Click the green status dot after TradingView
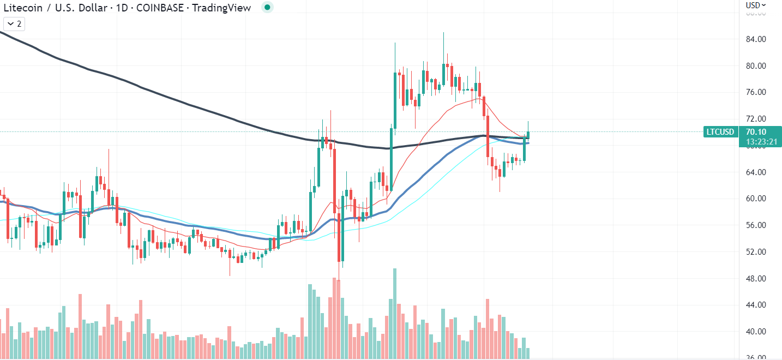(x=267, y=7)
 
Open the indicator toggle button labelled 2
(x=15, y=24)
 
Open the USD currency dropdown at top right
(x=756, y=5)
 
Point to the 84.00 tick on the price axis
(x=756, y=39)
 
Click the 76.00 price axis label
(x=756, y=92)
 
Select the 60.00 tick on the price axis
(x=756, y=199)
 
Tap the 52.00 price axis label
(x=756, y=252)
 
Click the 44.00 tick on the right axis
(x=756, y=305)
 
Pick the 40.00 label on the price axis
(x=756, y=332)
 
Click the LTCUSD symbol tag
(x=720, y=131)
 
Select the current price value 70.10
(x=755, y=131)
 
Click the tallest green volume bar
(x=394, y=313)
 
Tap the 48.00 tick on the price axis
(x=756, y=279)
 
